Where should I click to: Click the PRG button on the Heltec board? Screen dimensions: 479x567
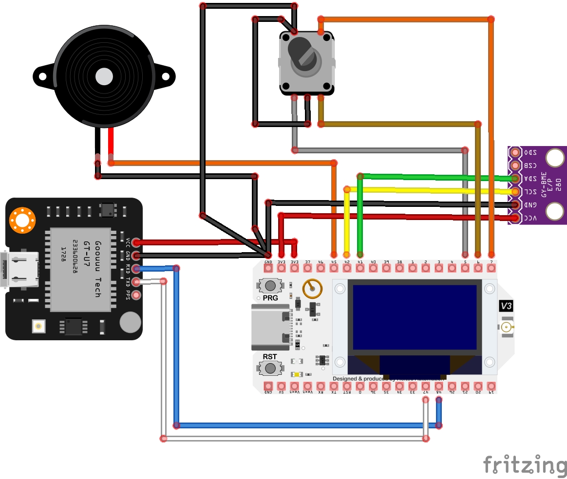[x=269, y=285]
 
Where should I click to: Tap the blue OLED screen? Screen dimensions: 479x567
[x=415, y=317]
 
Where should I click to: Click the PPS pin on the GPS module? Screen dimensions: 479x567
[x=137, y=295]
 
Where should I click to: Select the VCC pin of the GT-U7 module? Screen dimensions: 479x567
[x=137, y=242]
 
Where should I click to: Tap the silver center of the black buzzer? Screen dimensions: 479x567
[x=104, y=76]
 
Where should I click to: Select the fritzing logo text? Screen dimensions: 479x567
[x=524, y=465]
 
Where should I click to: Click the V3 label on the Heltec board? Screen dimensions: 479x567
[x=506, y=306]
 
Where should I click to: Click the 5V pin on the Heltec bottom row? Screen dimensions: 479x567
[x=281, y=386]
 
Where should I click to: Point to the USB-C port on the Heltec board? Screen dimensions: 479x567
[x=269, y=327]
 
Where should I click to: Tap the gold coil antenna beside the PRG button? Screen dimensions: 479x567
[x=312, y=289]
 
